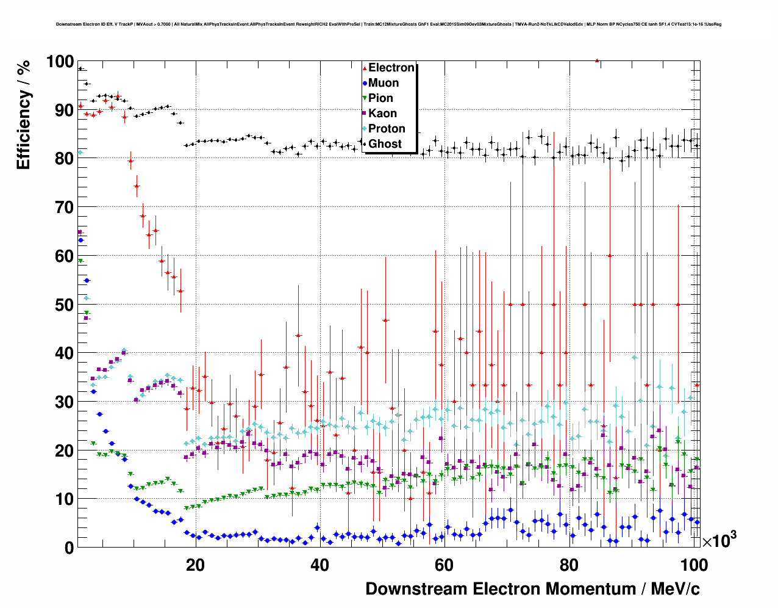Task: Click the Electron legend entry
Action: [x=391, y=68]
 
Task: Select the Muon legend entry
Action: [x=383, y=83]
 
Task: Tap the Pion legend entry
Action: [x=380, y=98]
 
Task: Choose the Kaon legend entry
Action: [x=382, y=114]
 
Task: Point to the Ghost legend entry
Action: [x=385, y=144]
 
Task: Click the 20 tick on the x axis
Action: [x=195, y=565]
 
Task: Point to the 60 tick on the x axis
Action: [x=444, y=565]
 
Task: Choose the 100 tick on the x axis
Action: [x=694, y=565]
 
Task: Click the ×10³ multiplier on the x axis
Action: [x=719, y=540]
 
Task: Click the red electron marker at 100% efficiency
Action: [x=597, y=60]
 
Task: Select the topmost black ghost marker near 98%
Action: [x=80, y=69]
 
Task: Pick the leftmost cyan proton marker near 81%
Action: [x=80, y=152]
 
